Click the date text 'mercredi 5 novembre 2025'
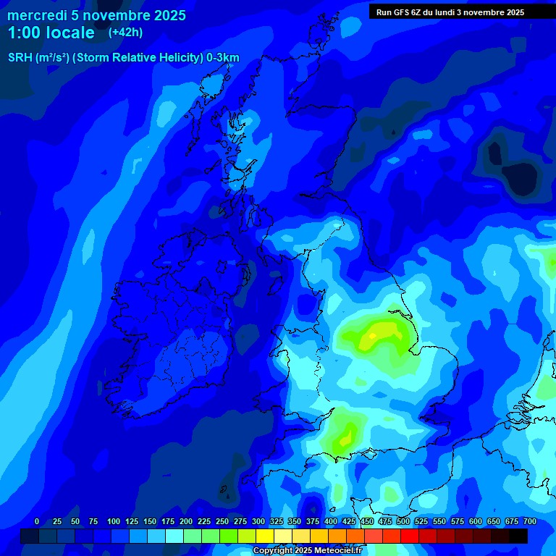tap(96, 15)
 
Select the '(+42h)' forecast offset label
tap(125, 32)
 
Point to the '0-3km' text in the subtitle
tap(223, 58)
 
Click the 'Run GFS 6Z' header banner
tap(450, 12)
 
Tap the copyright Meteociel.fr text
tap(307, 551)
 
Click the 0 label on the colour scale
tap(37, 521)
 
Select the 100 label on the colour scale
tap(114, 521)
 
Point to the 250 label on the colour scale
tap(222, 521)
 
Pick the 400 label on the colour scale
tap(331, 521)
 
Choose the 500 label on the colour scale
tap(403, 521)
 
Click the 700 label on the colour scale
tap(530, 521)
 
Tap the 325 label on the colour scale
tap(277, 521)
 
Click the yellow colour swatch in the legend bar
tap(265, 536)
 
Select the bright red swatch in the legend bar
tap(410, 536)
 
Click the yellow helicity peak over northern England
tap(379, 334)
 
